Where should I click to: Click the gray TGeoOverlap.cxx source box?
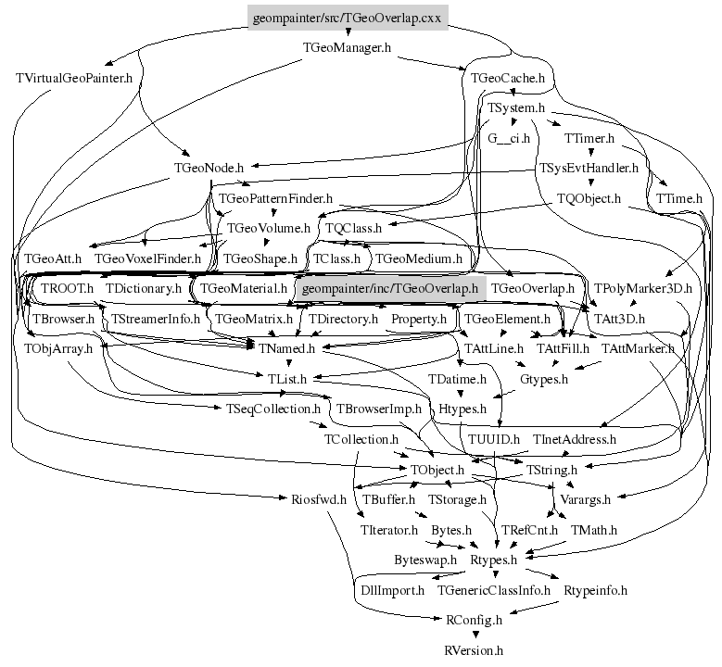(348, 18)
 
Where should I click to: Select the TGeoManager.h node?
(348, 46)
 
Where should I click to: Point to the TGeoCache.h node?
(507, 78)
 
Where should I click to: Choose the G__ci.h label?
(508, 139)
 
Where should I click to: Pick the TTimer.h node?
(589, 139)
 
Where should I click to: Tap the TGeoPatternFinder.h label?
(275, 198)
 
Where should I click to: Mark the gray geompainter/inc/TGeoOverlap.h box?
(389, 288)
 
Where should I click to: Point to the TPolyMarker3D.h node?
(643, 288)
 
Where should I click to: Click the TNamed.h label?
(287, 348)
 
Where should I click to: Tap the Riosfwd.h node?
(312, 499)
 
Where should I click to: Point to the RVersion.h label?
(474, 650)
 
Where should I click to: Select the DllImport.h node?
(391, 590)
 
